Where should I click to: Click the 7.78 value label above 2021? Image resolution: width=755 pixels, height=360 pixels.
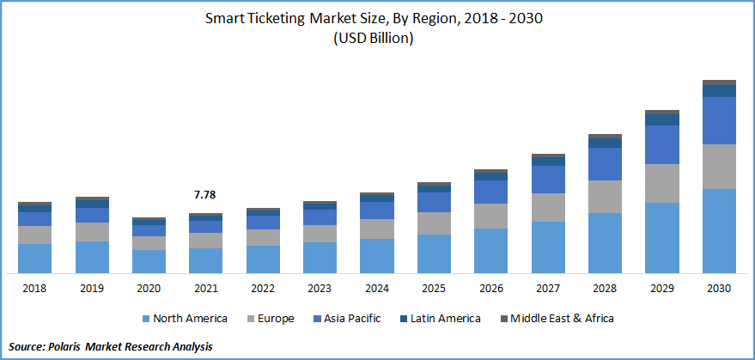(204, 196)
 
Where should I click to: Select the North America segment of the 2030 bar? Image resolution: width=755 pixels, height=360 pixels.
(719, 230)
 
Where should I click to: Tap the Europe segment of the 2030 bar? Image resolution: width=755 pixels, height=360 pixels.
(719, 167)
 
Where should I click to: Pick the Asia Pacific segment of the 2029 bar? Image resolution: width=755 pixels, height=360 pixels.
(662, 144)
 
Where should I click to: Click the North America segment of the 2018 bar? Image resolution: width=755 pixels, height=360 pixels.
(35, 258)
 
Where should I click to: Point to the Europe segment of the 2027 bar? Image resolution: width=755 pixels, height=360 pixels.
(548, 207)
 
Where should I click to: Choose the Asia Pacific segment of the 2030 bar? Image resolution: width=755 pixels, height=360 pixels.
(719, 120)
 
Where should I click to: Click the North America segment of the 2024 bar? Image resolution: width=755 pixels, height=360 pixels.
(377, 255)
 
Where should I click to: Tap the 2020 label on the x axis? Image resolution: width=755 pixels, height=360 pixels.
(149, 289)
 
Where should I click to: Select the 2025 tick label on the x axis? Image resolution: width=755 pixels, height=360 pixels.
(434, 289)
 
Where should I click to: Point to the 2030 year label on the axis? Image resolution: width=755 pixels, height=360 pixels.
(719, 289)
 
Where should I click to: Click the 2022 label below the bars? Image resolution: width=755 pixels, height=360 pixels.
(263, 289)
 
